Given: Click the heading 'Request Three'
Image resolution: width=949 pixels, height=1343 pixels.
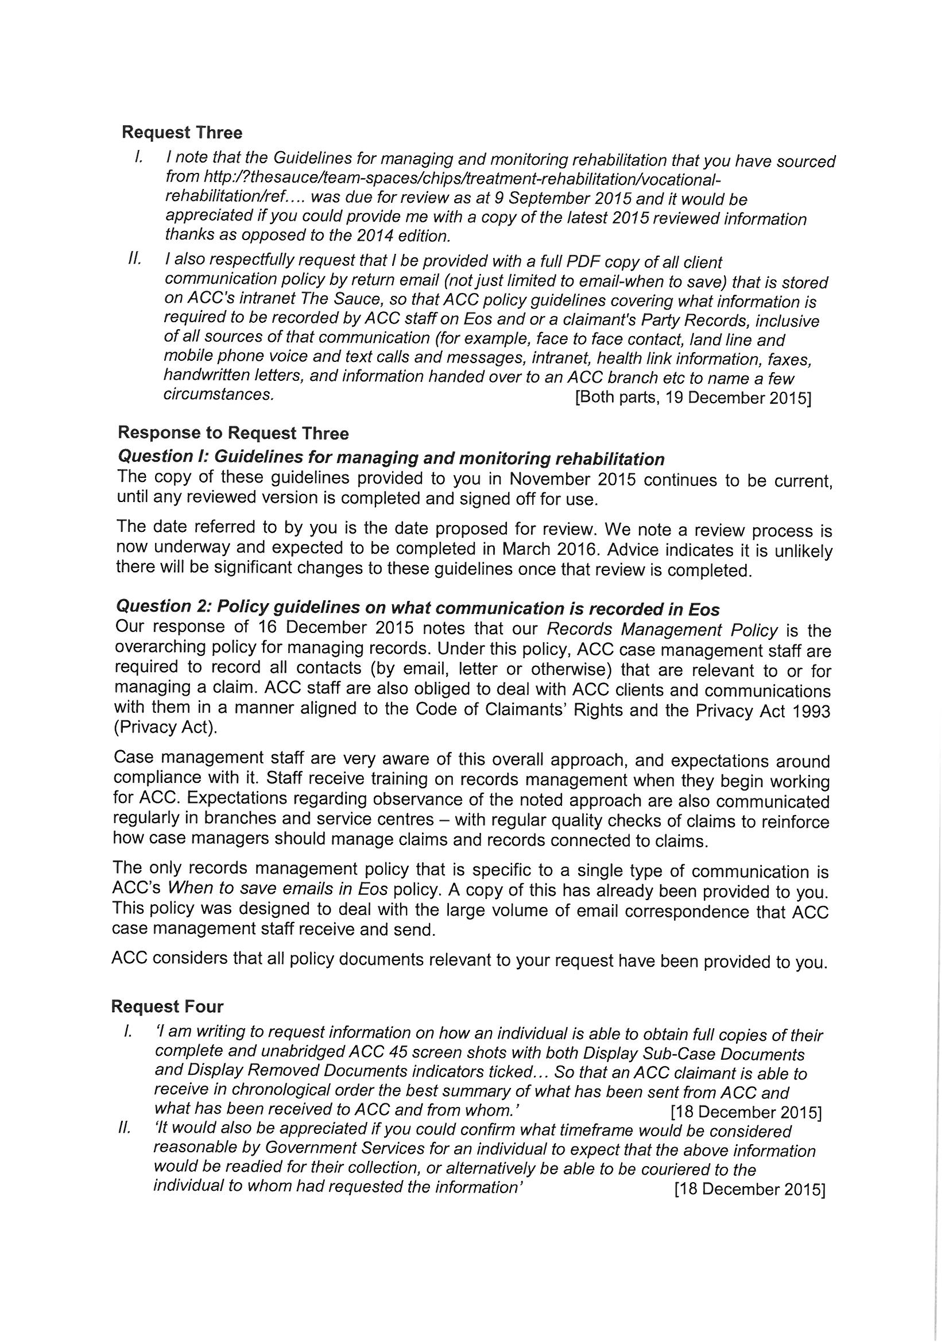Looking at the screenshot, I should pyautogui.click(x=182, y=133).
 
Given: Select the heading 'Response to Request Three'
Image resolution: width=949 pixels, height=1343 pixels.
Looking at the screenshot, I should pyautogui.click(x=233, y=433).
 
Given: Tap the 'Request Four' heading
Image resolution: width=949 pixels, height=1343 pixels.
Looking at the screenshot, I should pyautogui.click(x=167, y=1006).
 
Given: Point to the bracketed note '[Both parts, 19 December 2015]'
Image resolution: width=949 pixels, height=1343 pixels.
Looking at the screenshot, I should pyautogui.click(x=693, y=398).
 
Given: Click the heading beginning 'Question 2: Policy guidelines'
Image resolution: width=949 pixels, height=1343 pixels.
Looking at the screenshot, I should pyautogui.click(x=417, y=608).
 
